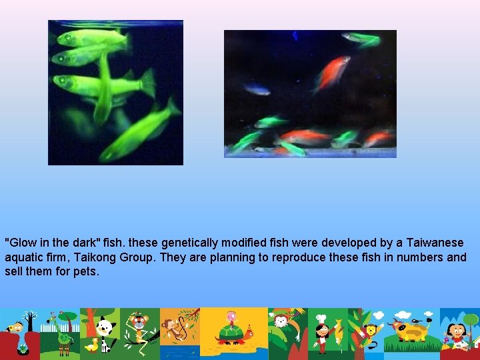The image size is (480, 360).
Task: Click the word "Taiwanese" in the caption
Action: coord(435,243)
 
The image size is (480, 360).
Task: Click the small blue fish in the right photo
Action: coord(256,89)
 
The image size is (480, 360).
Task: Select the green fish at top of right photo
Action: coord(363,39)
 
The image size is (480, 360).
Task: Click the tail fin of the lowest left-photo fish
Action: coord(172,107)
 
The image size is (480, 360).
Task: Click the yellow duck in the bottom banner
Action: coord(91,345)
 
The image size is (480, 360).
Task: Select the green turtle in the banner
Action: coord(230,331)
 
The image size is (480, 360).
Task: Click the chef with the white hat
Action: coord(322,330)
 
